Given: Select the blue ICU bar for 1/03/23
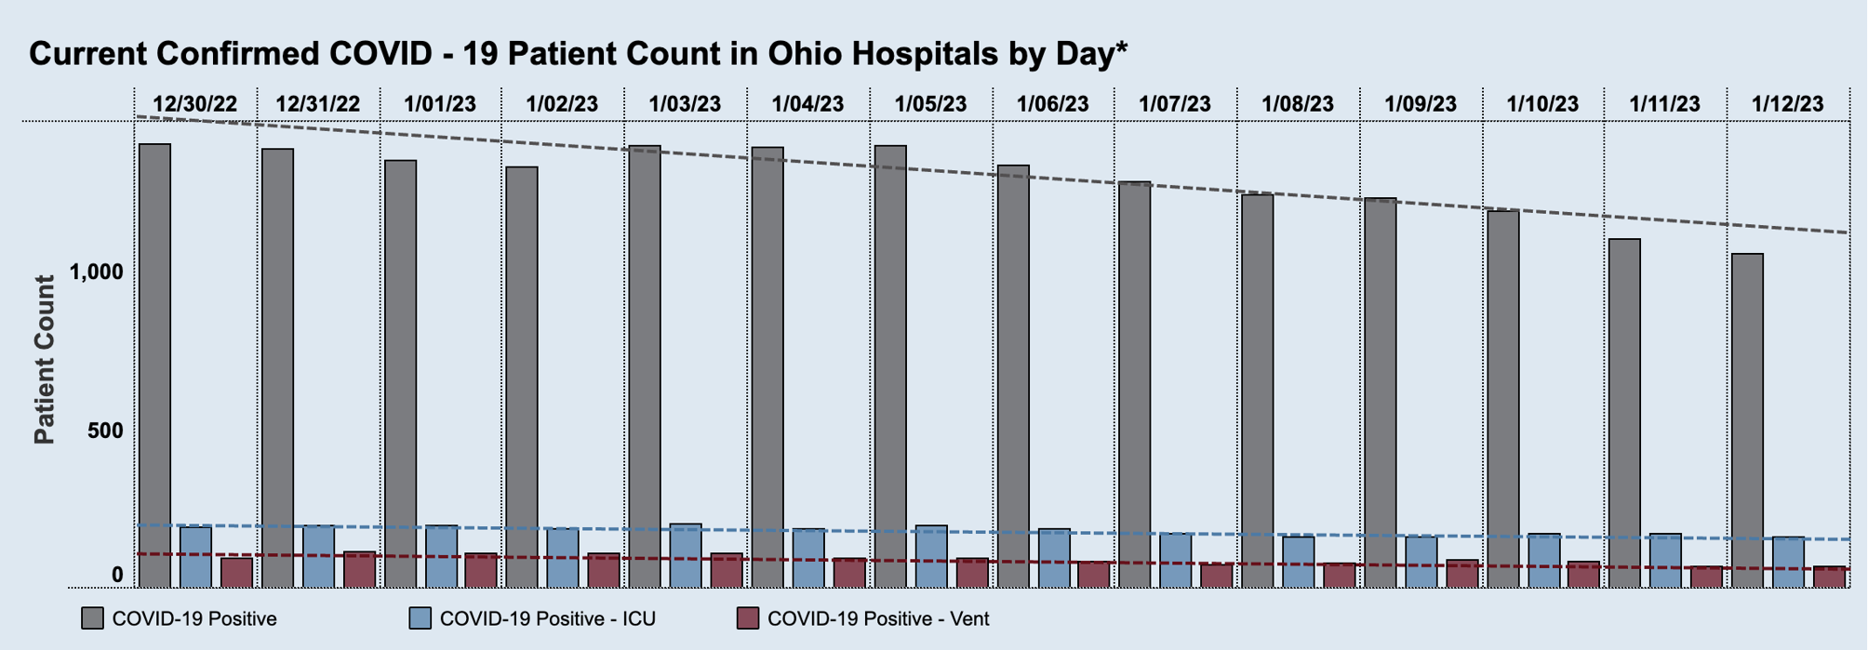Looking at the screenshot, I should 686,556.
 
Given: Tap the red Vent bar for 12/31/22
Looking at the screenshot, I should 359,570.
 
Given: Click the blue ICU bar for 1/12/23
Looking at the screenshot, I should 1788,563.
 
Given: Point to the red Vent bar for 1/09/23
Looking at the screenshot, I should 1461,574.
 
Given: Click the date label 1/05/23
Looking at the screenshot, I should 930,104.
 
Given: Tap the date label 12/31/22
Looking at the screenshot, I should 317,104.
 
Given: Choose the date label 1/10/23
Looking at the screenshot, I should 1542,104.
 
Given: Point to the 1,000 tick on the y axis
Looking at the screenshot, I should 97,272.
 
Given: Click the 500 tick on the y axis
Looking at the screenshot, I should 104,431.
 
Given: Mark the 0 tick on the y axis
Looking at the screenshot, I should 117,576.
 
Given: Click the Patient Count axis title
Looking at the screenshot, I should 44,359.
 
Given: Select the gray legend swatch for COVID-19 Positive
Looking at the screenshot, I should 92,618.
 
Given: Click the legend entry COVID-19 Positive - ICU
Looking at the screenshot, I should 547,618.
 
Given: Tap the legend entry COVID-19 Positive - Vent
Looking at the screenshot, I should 877,618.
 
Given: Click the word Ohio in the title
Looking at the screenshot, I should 805,54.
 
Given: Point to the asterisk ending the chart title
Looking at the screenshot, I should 1121,48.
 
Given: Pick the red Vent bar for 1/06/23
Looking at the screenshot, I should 1093,575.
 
